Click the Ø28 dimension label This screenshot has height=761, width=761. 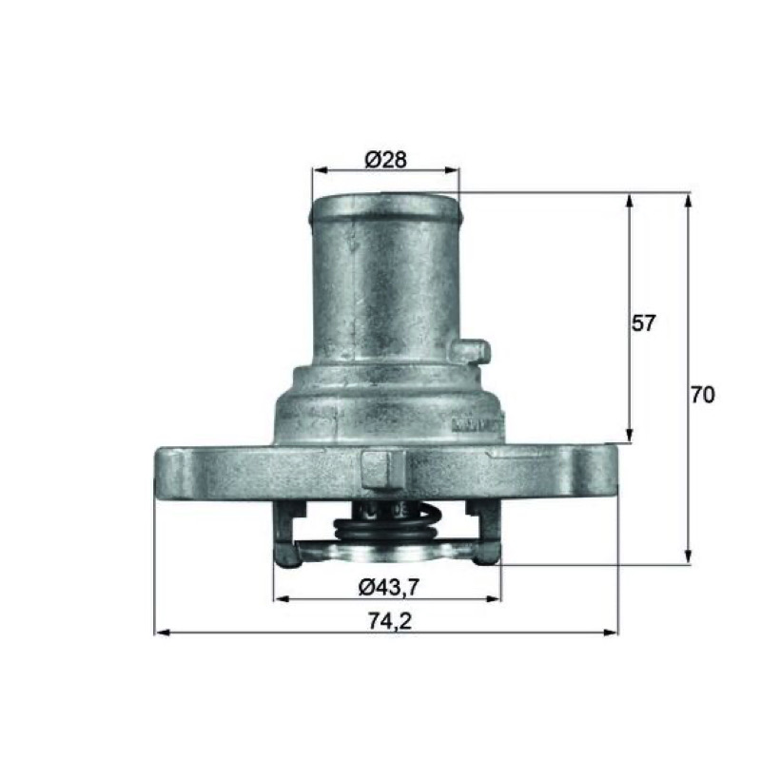[386, 160]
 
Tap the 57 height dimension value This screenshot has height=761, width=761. [644, 322]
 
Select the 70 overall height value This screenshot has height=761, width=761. [703, 395]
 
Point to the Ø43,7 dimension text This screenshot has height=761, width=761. [388, 588]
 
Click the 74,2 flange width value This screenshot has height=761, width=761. [390, 621]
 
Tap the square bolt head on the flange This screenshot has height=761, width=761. [383, 469]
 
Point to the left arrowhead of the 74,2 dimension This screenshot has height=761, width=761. [161, 633]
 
